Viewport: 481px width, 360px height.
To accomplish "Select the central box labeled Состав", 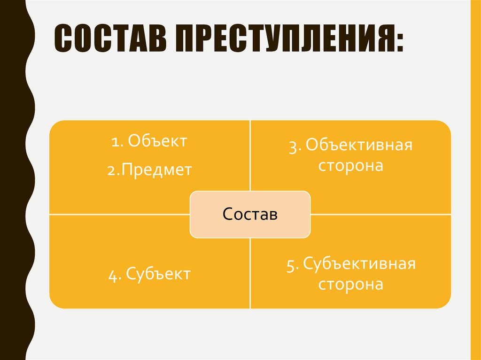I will (250, 214).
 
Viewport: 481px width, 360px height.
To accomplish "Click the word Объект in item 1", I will (157, 141).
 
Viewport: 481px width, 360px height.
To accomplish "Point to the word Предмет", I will (157, 169).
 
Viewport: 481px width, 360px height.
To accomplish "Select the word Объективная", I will (359, 146).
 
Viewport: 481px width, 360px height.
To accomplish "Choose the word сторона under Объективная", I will (351, 166).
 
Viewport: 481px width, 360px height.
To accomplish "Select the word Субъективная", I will (359, 264).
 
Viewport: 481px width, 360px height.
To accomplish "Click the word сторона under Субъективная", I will (351, 284).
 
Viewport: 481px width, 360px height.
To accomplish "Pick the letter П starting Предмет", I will (128, 169).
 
